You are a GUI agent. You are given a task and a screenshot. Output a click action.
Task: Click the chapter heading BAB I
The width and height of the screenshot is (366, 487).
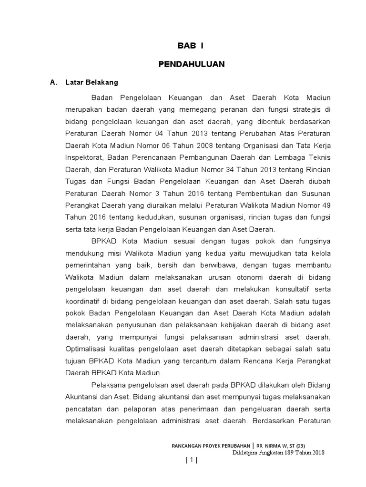coord(191,46)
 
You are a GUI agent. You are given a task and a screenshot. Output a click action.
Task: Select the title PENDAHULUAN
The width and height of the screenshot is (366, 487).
coord(191,64)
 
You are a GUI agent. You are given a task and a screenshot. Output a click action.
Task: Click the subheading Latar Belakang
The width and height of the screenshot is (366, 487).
coord(92,82)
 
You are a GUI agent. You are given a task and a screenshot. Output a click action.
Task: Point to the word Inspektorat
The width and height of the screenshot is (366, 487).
coord(84,157)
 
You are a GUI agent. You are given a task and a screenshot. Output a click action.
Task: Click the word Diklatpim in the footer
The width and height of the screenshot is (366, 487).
coord(246,452)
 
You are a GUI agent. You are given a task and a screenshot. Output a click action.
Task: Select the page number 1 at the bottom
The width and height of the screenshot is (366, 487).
coord(191,460)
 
